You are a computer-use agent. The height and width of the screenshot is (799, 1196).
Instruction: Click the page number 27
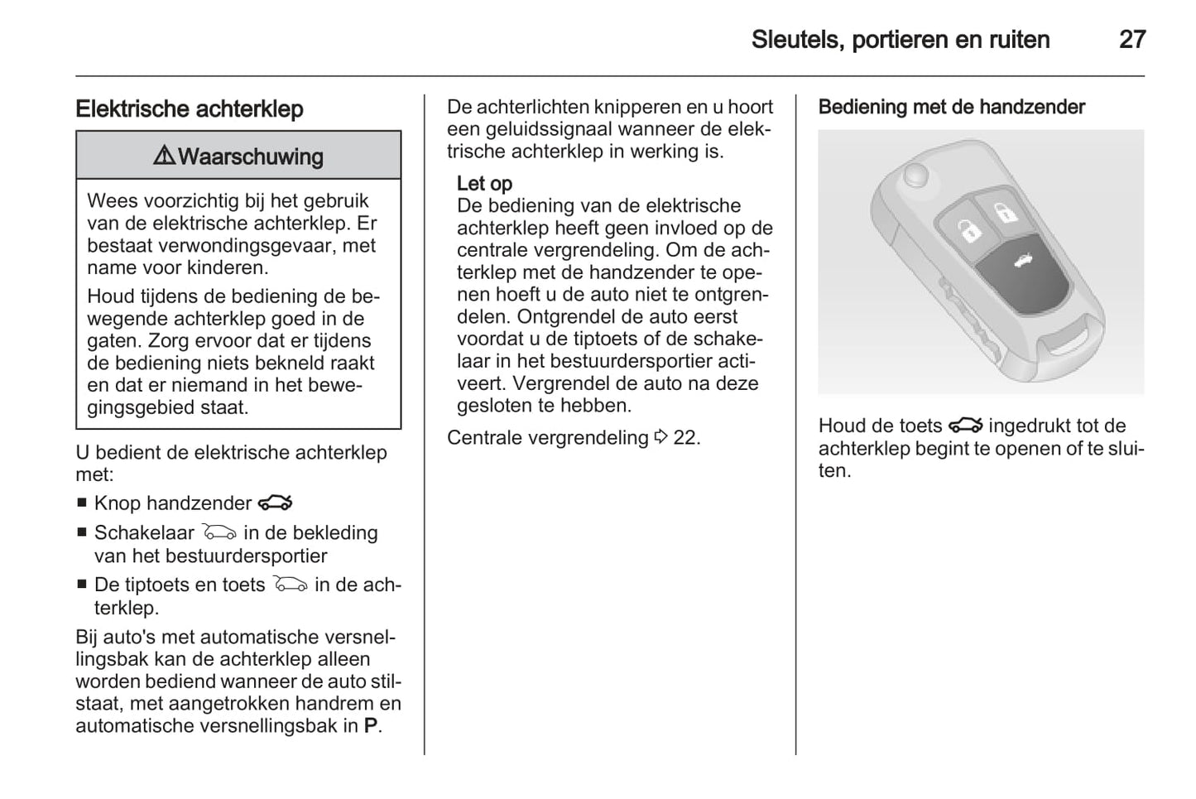click(1131, 40)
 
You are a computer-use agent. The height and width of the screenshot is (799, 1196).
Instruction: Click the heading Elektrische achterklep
click(190, 109)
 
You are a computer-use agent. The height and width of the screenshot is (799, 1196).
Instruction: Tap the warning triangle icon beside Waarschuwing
click(164, 156)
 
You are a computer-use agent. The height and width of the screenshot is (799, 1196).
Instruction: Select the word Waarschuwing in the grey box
click(251, 156)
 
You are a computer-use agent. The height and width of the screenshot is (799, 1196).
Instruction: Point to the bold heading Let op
click(484, 183)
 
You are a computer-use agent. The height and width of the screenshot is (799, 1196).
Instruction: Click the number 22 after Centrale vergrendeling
click(685, 437)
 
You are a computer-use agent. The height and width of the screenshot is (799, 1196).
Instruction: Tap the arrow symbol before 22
click(660, 437)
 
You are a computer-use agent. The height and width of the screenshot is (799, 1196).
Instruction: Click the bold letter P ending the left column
click(371, 726)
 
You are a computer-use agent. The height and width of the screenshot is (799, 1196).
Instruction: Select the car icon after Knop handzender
click(275, 503)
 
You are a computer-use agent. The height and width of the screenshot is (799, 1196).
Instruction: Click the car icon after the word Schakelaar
click(219, 532)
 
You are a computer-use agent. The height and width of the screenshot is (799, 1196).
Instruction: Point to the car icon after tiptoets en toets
click(290, 585)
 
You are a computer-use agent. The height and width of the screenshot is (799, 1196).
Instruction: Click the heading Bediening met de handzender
click(951, 107)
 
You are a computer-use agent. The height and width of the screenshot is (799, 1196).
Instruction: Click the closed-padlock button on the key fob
click(1005, 210)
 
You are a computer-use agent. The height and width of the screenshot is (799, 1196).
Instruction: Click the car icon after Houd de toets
click(965, 426)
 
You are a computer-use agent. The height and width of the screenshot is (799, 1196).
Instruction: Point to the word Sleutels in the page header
click(795, 40)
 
